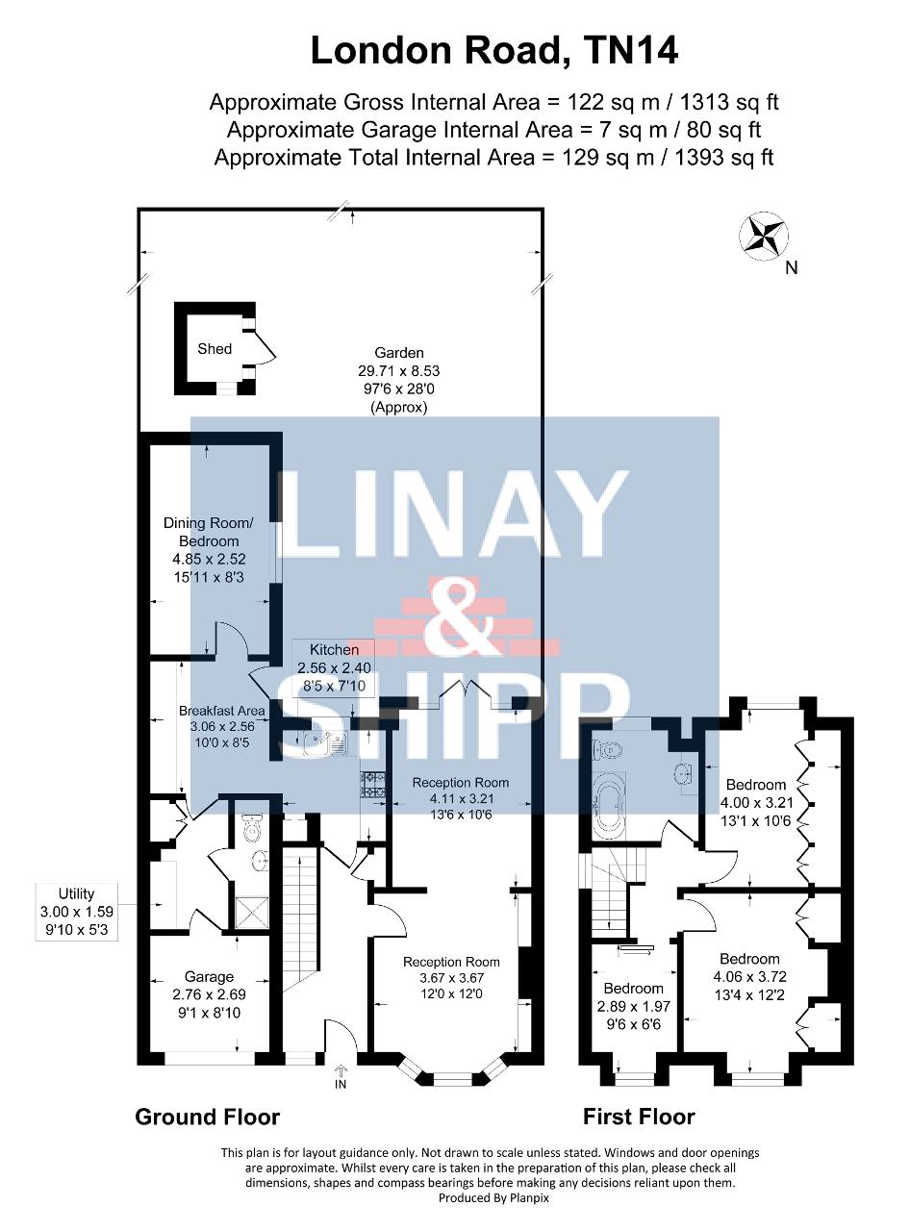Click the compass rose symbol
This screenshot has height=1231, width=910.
tap(764, 236)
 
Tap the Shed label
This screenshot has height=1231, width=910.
tap(215, 348)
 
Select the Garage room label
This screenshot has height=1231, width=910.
tap(209, 977)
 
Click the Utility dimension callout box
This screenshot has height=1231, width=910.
tap(77, 912)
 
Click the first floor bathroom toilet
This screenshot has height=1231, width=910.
tap(606, 750)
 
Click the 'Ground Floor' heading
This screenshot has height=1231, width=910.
tap(207, 1117)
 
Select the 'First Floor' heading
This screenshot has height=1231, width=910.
tap(639, 1117)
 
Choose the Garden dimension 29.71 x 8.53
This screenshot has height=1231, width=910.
tap(398, 370)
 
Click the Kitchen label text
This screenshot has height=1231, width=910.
tap(334, 649)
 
